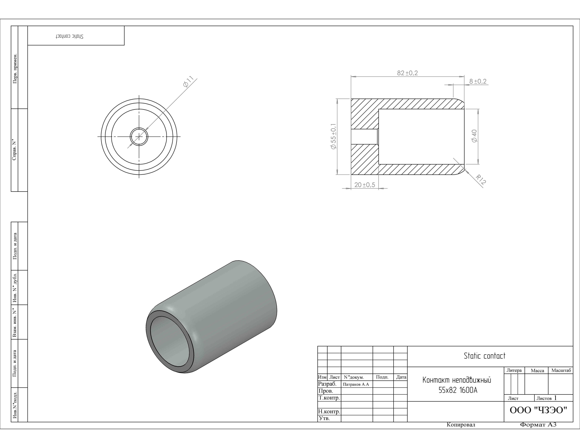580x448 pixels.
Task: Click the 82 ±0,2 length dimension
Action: [407, 73]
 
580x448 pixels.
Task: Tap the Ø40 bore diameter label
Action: [474, 136]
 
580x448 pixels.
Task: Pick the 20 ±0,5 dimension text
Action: [365, 185]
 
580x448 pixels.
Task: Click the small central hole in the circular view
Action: [139, 137]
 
